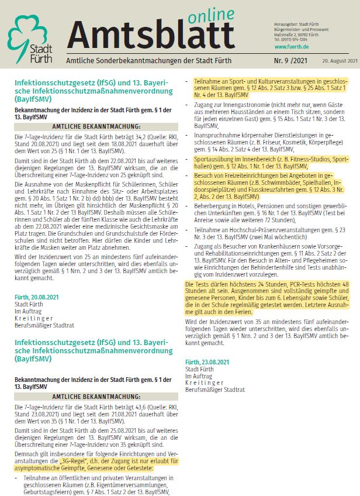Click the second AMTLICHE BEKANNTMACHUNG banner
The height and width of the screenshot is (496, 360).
(x=96, y=401)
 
